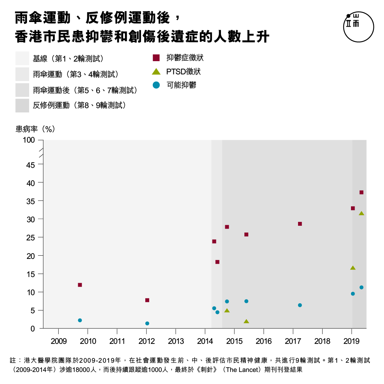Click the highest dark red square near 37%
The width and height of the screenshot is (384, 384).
361,192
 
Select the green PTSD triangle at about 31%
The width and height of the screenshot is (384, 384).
361,214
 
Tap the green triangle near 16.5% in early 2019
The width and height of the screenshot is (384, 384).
353,268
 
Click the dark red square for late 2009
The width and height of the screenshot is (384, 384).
80,285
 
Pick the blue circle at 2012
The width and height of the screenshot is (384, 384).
147,323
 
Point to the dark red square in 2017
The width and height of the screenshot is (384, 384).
300,224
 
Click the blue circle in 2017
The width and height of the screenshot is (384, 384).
300,305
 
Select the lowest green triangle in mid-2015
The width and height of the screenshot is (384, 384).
246,321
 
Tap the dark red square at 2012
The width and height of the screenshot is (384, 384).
147,300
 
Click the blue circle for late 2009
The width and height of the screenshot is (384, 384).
80,320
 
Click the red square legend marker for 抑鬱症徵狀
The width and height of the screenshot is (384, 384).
156,58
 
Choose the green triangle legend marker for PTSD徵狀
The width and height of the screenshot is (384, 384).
156,71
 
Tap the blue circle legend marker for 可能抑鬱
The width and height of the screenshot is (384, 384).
156,85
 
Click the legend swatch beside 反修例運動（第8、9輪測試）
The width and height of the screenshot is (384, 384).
22,105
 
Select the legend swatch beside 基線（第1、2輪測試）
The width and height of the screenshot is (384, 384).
22,58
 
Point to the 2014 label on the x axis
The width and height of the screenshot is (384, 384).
205,341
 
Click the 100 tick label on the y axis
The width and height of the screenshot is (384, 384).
29,140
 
